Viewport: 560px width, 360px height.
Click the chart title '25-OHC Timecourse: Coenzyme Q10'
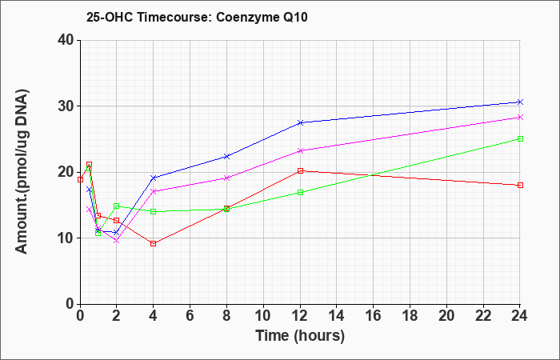197,17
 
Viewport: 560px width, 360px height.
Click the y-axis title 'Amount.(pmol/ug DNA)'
22,171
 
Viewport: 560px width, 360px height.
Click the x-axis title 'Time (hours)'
300,336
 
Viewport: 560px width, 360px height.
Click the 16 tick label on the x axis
374,316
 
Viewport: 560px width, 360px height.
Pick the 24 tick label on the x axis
520,316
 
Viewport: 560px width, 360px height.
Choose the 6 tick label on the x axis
190,316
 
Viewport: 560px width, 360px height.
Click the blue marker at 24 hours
520,102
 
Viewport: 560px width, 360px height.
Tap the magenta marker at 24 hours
520,117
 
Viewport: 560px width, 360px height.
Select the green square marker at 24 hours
520,138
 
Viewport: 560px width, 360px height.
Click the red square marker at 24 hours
520,185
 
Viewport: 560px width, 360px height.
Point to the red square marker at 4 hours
154,243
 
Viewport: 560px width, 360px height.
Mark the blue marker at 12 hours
300,122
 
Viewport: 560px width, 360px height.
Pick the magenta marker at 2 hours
117,241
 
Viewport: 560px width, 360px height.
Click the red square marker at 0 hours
80,179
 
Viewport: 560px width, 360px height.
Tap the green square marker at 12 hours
300,192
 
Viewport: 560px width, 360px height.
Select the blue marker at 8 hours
226,157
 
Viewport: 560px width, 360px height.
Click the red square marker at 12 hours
300,170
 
